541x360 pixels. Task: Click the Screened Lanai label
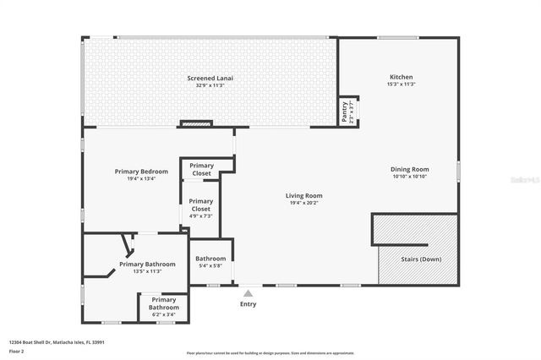[x=210, y=78]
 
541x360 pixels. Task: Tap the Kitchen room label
[x=401, y=77]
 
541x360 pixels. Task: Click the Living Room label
[x=306, y=195]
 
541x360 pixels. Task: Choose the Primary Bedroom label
[x=141, y=172]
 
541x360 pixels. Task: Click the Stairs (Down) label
[x=420, y=259]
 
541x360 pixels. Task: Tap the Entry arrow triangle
[x=248, y=293]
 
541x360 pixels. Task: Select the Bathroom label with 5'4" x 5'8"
[x=210, y=259]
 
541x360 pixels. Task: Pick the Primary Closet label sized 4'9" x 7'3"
[x=201, y=205]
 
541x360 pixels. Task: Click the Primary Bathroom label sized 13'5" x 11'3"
[x=147, y=264]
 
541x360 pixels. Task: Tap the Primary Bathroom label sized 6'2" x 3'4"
[x=164, y=303]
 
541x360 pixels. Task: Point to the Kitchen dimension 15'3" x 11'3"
[x=401, y=84]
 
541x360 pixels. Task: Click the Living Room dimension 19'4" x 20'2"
[x=306, y=203]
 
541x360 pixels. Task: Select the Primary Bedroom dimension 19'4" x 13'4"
[x=141, y=178]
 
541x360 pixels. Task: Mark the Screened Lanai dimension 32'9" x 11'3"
[x=210, y=85]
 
